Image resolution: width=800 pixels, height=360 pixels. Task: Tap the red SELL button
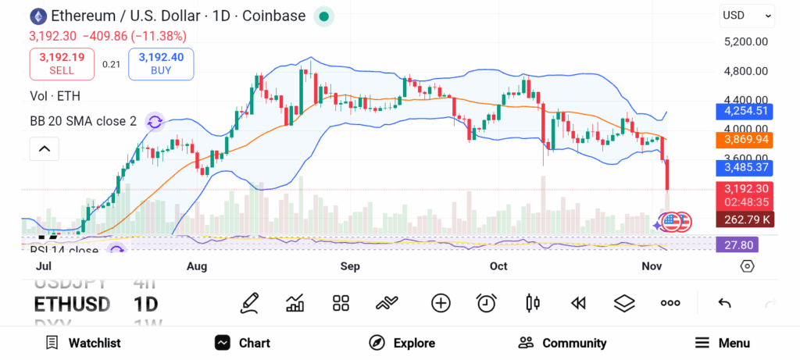point(62,63)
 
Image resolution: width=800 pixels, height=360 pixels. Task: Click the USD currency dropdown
point(746,15)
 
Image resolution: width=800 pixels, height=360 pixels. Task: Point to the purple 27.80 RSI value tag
point(736,245)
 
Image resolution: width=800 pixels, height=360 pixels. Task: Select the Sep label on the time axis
point(349,266)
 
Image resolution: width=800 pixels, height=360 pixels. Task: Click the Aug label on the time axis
point(197,266)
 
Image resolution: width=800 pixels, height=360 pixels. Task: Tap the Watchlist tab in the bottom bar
point(83,343)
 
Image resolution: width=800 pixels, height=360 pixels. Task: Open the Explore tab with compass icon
point(402,343)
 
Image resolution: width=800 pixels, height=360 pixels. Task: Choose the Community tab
point(562,343)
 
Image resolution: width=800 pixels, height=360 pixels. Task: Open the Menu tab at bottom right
point(722,343)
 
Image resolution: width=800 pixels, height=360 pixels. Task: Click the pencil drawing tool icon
point(250,303)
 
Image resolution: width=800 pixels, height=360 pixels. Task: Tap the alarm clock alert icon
point(487,303)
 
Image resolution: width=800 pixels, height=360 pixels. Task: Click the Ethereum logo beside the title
point(37,16)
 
